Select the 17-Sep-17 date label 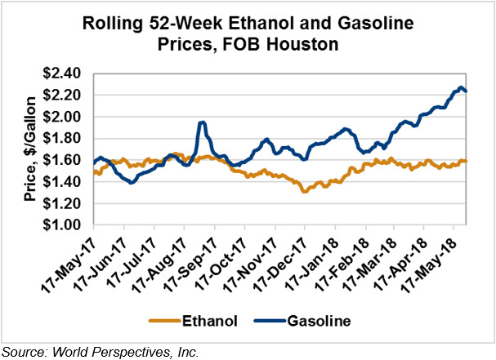[190, 260]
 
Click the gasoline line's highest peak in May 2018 [461, 87]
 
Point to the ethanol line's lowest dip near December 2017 [304, 191]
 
